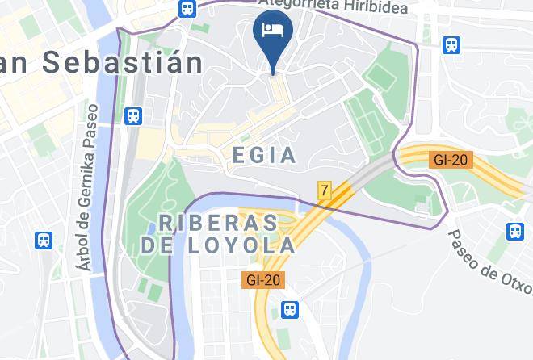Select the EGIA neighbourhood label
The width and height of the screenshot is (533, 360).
click(x=263, y=155)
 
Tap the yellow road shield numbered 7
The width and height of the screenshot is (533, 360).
click(x=325, y=190)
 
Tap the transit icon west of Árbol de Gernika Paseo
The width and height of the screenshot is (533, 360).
click(x=44, y=240)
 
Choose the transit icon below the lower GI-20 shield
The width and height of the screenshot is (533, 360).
click(x=289, y=309)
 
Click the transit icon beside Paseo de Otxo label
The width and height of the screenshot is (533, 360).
click(x=514, y=232)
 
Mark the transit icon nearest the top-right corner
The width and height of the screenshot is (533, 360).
click(x=452, y=45)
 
